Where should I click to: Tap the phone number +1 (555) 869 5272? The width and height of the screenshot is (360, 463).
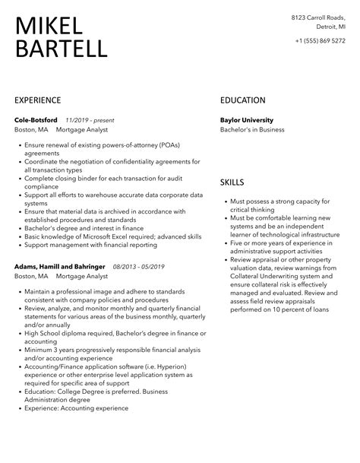[x=320, y=41]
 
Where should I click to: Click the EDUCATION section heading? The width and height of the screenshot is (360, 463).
[x=242, y=100]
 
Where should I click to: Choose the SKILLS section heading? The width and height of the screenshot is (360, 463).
[x=232, y=183]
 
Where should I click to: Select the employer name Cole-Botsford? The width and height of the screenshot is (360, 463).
[x=36, y=119]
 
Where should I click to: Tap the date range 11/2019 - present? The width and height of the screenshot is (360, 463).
[x=90, y=119]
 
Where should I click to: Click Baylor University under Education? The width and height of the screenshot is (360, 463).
[x=246, y=119]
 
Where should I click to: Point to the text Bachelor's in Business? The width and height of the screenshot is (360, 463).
[x=252, y=130]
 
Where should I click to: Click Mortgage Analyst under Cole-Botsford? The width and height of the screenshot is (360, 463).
[x=80, y=130]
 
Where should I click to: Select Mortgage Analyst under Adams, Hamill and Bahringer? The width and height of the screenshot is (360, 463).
[x=80, y=277]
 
